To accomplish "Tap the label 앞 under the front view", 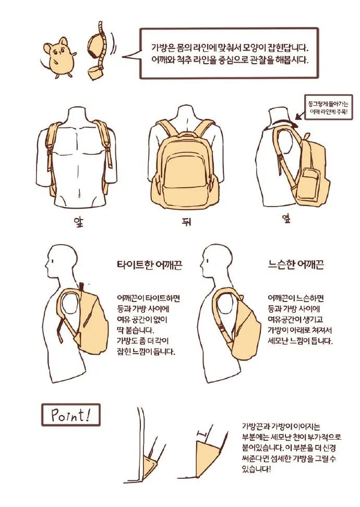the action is pos(79,222).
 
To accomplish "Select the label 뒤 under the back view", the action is pos(187,222).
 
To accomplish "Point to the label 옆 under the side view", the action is pos(286,218).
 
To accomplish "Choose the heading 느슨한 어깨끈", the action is pos(296,264).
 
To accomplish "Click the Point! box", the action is pos(70,415).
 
